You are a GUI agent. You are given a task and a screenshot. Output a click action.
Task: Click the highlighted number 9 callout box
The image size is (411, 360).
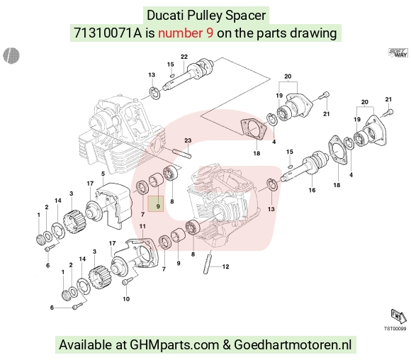[156, 203]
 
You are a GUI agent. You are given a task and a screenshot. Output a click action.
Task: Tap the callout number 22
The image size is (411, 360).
[184, 57]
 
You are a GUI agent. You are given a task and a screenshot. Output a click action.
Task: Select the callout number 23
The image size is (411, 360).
[188, 140]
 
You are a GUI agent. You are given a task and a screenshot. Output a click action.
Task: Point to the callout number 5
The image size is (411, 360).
[103, 174]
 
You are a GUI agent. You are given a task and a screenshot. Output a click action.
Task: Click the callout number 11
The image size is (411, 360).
[142, 226]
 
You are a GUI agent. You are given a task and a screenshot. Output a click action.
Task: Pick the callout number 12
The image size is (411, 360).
[225, 266]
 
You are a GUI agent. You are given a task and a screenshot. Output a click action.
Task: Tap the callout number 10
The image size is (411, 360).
[126, 299]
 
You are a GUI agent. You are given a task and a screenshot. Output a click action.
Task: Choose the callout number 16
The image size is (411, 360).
[312, 190]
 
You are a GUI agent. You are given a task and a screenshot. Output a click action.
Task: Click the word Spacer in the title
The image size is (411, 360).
[246, 15]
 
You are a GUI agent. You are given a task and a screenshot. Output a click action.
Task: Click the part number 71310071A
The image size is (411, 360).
[108, 33]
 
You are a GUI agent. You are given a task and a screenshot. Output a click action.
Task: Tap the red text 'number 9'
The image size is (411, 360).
[186, 33]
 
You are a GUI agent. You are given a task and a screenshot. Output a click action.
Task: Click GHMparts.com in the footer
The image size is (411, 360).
[174, 344]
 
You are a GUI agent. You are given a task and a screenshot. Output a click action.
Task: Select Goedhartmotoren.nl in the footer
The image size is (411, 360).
[293, 344]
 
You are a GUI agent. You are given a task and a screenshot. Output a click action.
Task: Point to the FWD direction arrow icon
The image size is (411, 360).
[398, 317]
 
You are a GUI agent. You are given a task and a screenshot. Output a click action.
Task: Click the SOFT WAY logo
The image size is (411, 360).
[398, 52]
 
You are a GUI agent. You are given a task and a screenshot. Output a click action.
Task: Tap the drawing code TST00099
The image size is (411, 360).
[395, 329]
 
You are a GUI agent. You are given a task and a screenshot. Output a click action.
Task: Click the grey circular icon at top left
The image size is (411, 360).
[11, 55]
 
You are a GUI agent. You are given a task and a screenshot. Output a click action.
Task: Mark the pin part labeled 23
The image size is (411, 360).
[181, 154]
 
